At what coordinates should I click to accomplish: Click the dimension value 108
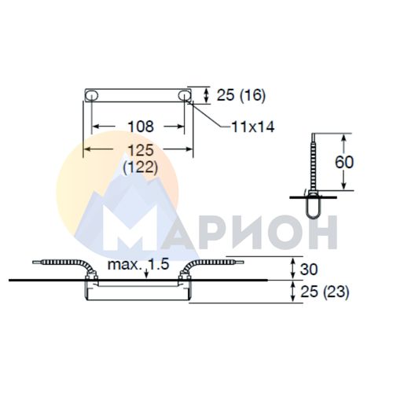point(141,127)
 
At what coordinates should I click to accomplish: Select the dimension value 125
point(141,150)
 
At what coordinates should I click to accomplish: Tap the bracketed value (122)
point(141,167)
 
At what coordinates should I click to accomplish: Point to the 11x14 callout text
point(253,127)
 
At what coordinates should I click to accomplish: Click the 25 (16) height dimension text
point(241,95)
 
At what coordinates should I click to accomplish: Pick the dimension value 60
point(344,162)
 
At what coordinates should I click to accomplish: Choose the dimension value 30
point(309,269)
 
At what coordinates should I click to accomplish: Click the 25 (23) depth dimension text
point(325,292)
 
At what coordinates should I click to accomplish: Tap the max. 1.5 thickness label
point(138,265)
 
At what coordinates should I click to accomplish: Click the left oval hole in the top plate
point(92,96)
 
